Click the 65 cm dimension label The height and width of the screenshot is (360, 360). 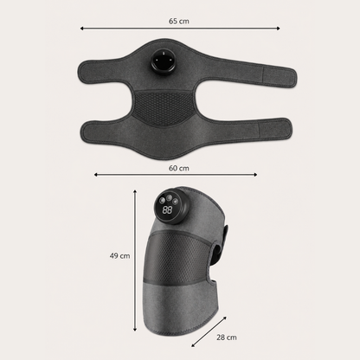[179, 21]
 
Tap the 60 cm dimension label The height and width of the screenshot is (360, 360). [179, 168]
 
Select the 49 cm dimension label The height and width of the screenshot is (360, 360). [119, 255]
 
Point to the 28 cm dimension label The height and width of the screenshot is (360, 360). [227, 337]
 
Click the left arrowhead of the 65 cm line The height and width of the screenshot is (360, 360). [81, 29]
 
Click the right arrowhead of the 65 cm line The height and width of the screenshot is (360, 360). [279, 29]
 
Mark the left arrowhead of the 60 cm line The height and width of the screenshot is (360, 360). [96, 175]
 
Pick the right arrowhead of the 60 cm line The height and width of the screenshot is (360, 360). [255, 175]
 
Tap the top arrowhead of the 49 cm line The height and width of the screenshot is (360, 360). [135, 191]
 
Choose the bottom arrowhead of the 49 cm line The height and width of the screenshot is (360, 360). [135, 330]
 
